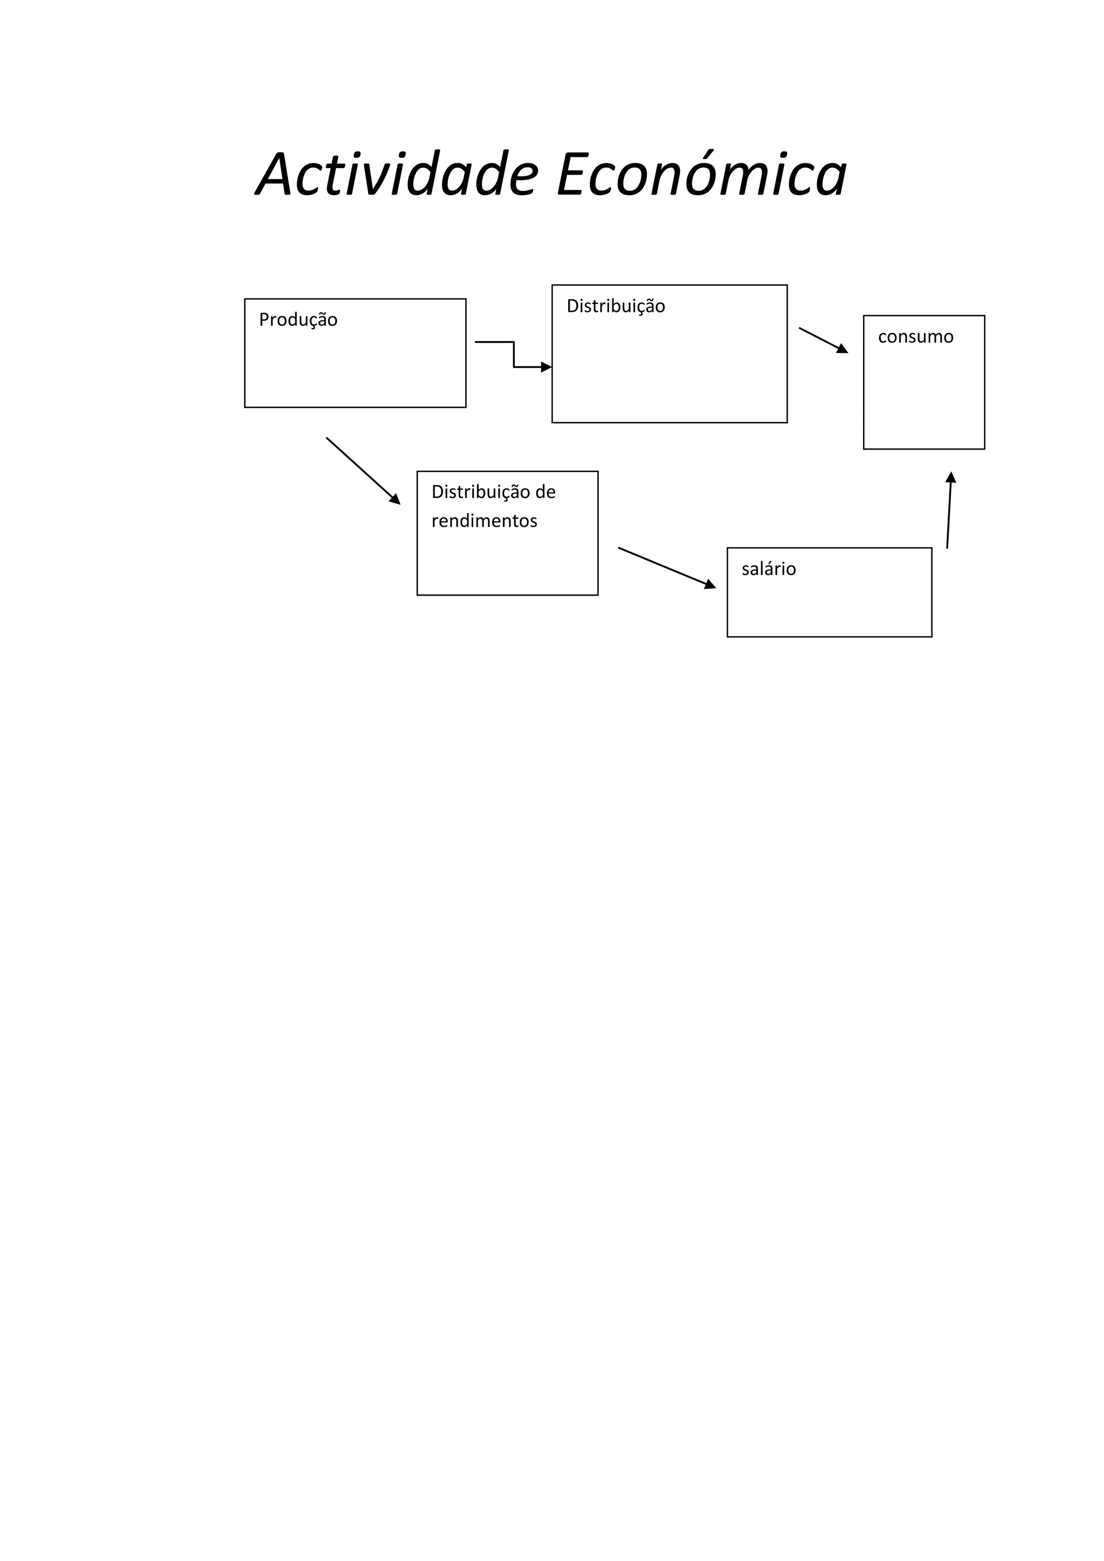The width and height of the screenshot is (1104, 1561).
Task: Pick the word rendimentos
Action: coord(484,521)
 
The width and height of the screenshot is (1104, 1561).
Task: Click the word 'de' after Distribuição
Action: coord(544,492)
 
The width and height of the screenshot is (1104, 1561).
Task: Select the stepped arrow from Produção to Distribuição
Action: coord(513,354)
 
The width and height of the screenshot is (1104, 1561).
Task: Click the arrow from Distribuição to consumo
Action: coord(823,340)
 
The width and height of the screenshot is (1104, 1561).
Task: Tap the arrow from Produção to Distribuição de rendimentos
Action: coord(362,471)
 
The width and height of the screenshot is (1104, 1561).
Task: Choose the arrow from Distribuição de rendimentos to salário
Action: coord(666,568)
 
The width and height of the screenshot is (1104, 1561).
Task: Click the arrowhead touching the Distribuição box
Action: coord(546,367)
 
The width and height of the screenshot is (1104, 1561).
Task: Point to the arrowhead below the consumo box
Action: coord(951,477)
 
